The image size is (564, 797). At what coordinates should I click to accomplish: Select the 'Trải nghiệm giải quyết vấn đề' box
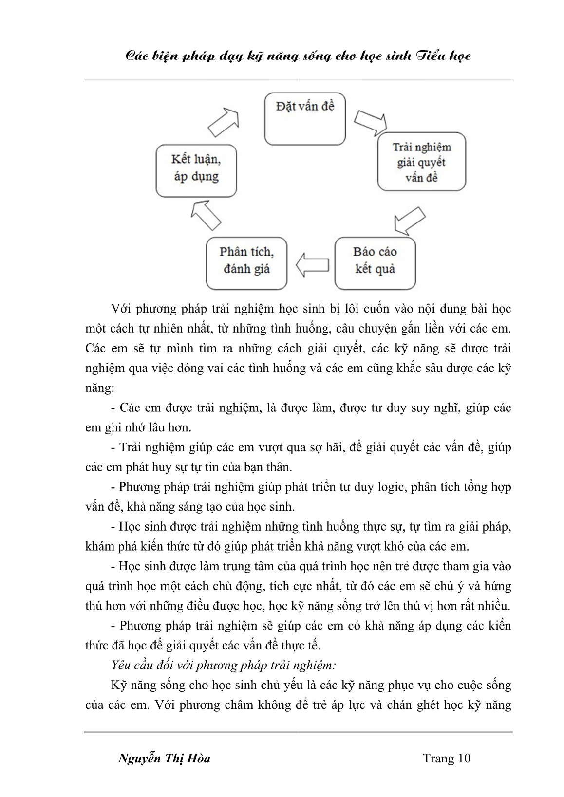coord(421,162)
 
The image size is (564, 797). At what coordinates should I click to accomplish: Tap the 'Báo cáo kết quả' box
coord(375,263)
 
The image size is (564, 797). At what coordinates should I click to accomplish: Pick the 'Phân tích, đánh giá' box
coord(246,263)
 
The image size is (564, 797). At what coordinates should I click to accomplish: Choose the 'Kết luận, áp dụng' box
coord(196,169)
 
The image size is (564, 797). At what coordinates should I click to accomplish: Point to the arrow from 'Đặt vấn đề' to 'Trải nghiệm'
coord(368,123)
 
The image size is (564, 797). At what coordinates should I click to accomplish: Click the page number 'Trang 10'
coord(447,758)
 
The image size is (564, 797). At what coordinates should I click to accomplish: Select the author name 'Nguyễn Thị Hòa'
coord(164,758)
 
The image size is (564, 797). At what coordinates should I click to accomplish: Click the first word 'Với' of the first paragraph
coord(121,309)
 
